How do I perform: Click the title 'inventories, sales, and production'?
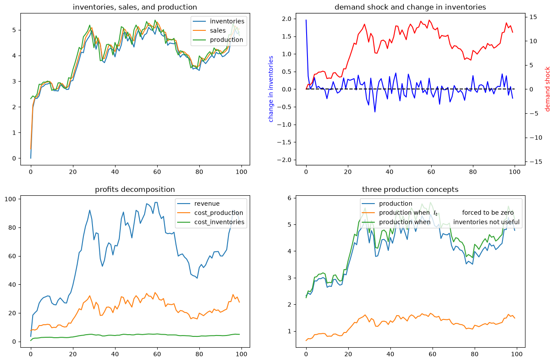(135, 7)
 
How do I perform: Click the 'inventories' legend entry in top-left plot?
(218, 21)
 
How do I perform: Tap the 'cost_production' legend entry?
(210, 213)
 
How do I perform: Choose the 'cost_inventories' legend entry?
(211, 222)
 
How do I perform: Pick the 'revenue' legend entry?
(198, 204)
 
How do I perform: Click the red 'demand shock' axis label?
(547, 89)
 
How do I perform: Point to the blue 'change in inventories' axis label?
(271, 89)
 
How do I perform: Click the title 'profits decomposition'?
(135, 189)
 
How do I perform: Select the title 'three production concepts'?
(410, 189)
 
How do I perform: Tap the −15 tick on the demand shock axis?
(533, 162)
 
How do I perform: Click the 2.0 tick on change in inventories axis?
(287, 19)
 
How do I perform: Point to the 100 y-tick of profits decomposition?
(10, 199)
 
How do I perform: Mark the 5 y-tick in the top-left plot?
(14, 30)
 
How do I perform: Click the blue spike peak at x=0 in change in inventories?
(306, 20)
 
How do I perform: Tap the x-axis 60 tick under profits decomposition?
(157, 354)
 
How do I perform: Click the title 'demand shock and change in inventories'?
(410, 7)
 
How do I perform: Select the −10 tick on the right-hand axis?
(533, 138)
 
